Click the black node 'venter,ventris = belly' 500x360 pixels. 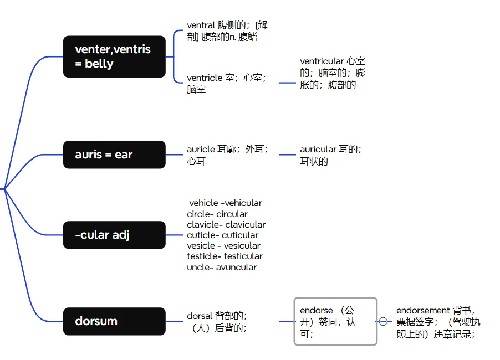coord(114,56)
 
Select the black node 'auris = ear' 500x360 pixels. coord(114,155)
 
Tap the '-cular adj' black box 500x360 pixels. coord(114,235)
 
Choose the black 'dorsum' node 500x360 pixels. coord(114,321)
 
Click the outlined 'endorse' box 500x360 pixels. coord(335,321)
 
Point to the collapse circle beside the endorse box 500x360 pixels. coord(383,321)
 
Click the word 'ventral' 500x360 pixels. coord(201,25)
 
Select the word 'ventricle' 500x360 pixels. coord(205,78)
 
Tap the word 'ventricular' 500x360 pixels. coord(322,61)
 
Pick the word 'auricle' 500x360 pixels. coord(201,150)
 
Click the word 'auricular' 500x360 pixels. coord(318,150)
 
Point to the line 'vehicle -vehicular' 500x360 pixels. coord(225,203)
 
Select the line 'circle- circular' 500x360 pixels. coord(217,214)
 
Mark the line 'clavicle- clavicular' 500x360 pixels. coord(226,225)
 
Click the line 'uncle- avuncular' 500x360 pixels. coord(222,267)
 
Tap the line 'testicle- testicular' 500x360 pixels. coord(225,256)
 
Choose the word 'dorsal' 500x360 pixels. coord(200,316)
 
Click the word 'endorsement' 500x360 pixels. coord(423,311)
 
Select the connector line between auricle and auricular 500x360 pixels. coord(287,155)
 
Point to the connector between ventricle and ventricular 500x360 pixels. coord(287,83)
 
